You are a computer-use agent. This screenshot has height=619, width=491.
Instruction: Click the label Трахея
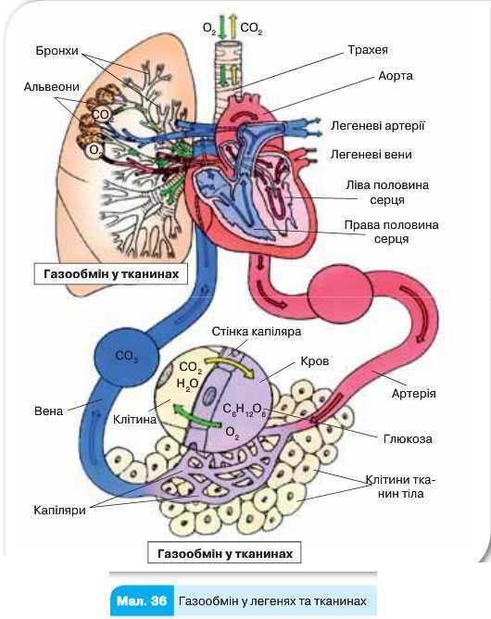368,50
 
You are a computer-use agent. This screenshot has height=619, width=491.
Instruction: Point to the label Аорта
396,75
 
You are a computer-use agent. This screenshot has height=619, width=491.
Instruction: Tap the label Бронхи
57,51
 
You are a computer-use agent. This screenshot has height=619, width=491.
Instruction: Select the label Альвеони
52,86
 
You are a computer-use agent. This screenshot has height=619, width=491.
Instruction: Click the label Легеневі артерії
378,126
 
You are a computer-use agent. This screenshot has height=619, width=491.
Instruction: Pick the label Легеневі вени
371,155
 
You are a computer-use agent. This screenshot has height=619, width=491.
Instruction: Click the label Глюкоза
408,438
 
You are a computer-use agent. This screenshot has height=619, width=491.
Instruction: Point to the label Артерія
413,393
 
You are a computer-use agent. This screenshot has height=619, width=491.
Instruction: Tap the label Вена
48,411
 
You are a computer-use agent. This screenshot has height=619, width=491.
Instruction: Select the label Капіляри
59,510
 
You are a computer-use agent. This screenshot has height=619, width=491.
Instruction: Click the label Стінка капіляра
257,331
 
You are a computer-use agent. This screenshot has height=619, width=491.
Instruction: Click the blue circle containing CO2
126,358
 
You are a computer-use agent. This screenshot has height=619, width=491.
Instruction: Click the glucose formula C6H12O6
245,409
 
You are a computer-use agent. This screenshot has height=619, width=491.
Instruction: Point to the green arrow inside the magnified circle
196,416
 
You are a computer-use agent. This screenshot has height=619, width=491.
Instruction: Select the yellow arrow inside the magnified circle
230,365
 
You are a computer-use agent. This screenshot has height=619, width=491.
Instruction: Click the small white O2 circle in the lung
94,150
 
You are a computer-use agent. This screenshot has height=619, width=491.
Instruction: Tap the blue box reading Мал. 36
142,600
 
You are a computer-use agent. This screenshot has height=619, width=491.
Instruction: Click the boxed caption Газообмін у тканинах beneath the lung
110,273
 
